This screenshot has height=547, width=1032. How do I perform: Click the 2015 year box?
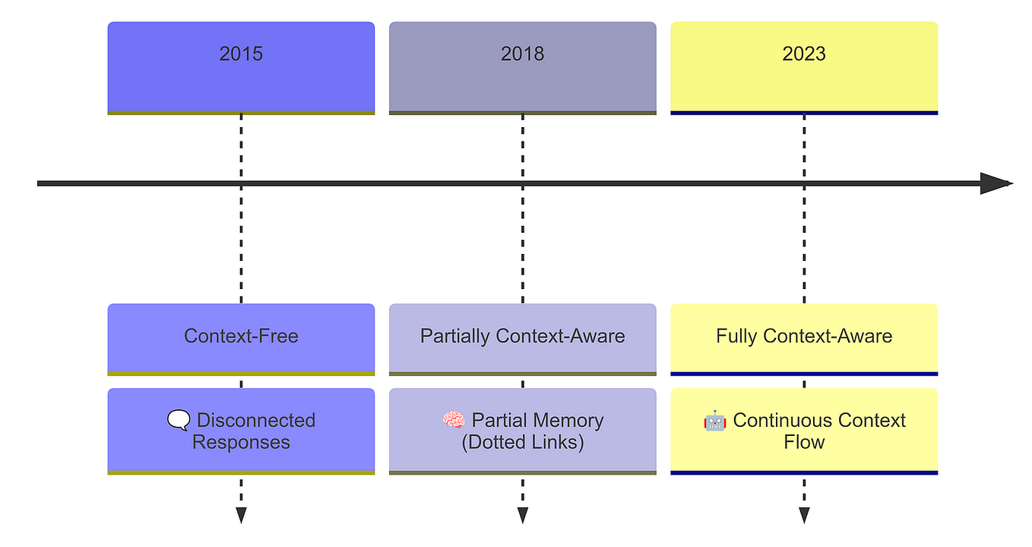241,67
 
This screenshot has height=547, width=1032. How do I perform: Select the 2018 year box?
522,67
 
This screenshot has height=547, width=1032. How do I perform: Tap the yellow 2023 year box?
803,67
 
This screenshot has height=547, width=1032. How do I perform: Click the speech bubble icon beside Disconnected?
179,420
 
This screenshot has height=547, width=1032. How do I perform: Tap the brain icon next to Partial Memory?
454,420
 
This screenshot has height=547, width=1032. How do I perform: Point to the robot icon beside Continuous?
715,420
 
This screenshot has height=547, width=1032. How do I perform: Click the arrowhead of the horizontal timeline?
996,183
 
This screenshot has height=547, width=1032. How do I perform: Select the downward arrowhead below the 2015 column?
241,515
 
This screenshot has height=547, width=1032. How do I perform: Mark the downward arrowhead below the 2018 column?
522,515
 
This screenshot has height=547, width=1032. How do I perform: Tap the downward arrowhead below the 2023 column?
803,515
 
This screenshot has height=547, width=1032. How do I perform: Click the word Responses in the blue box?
241,443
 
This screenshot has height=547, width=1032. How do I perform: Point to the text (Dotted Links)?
522,443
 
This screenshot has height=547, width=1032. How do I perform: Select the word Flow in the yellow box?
803,443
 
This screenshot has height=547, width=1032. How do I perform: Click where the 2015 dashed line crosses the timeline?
241,183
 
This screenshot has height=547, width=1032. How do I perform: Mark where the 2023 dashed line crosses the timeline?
803,183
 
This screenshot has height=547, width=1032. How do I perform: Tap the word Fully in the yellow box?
737,336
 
